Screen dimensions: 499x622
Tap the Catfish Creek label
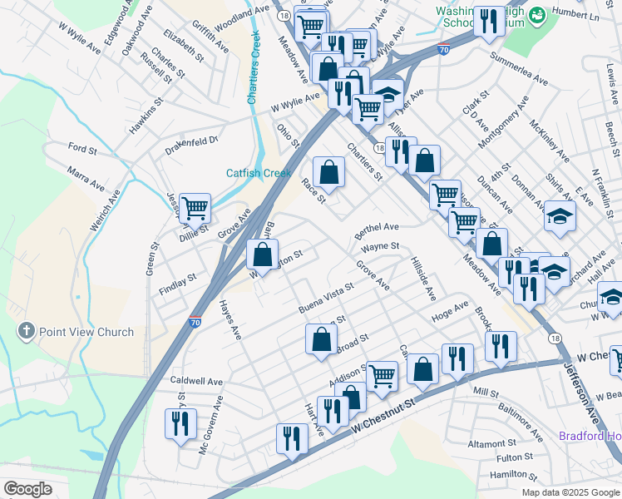pos(259,173)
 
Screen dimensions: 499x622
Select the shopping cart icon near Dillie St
pos(195,207)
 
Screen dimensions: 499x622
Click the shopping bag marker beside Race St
pos(329,172)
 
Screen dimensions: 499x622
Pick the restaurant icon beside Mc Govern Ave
pos(180,423)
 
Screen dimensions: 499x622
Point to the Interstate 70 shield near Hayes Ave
pos(194,321)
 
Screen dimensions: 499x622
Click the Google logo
pos(27,489)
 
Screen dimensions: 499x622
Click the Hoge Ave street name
pos(450,312)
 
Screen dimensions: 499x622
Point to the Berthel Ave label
pos(377,227)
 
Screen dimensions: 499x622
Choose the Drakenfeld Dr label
pos(192,141)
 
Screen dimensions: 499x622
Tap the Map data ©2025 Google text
pos(570,492)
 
